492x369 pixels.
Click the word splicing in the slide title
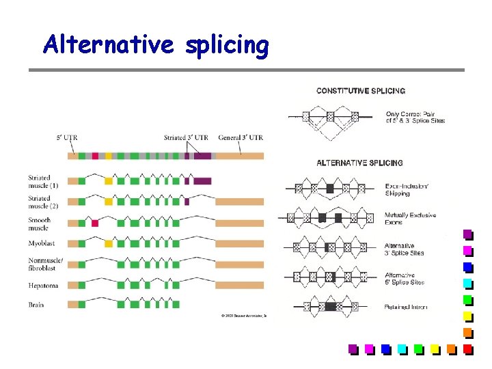click(x=225, y=45)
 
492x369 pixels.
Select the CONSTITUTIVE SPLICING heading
click(x=360, y=91)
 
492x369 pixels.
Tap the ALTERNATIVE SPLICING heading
click(x=359, y=163)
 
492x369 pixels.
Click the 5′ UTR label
click(x=68, y=137)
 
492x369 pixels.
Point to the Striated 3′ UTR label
click(x=186, y=137)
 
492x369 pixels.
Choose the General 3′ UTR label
click(x=241, y=137)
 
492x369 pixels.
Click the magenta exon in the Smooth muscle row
click(x=95, y=223)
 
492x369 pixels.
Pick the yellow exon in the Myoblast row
click(x=108, y=243)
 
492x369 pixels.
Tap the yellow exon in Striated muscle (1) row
click(x=108, y=181)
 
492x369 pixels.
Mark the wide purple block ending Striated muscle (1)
click(x=203, y=181)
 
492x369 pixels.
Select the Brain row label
click(x=36, y=305)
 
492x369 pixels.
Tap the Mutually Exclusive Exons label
click(x=410, y=219)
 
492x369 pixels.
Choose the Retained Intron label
click(x=406, y=307)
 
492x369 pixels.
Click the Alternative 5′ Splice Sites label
click(x=405, y=279)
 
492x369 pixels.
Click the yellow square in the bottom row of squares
click(x=435, y=348)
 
